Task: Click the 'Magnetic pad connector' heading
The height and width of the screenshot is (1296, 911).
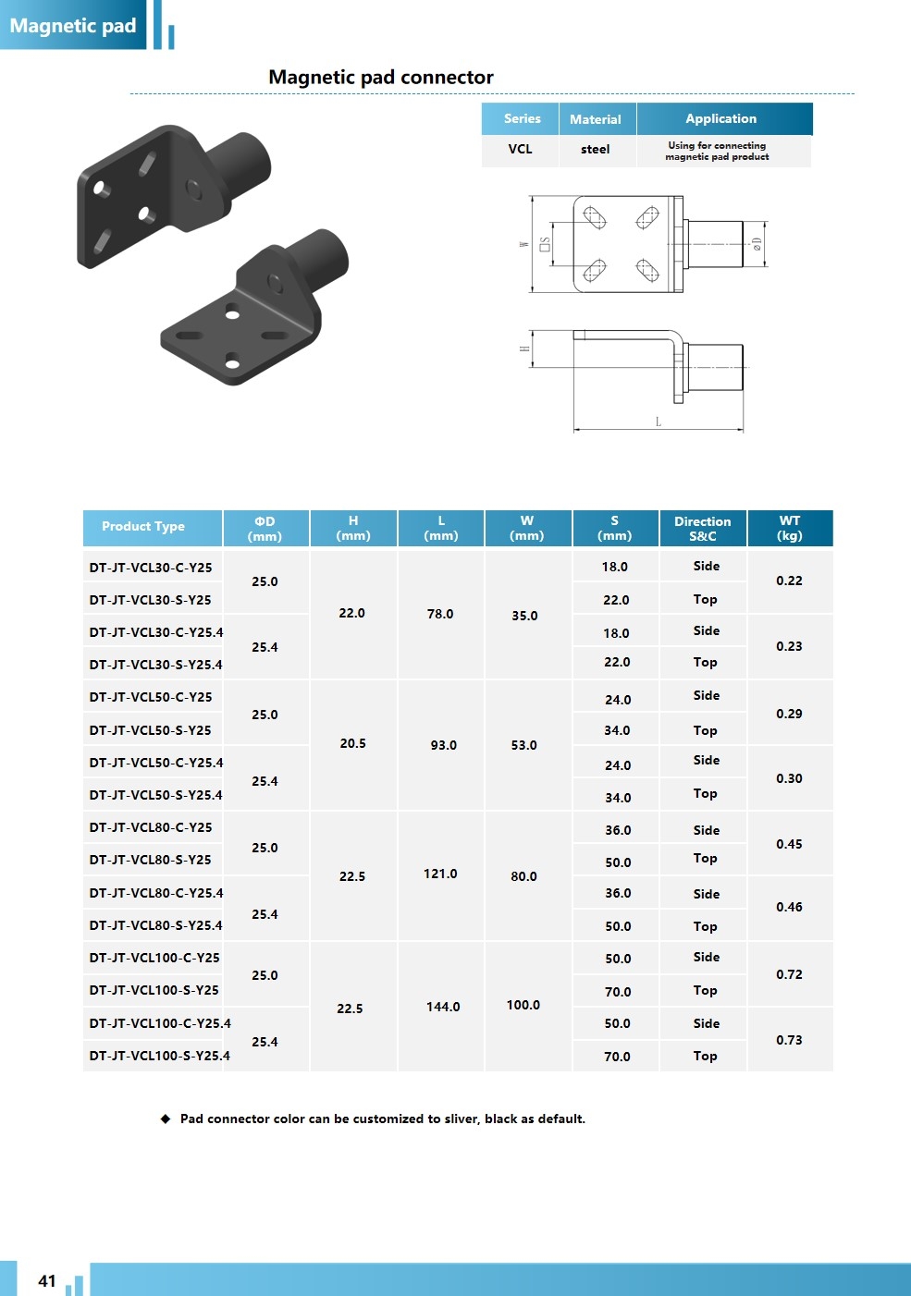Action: (x=381, y=77)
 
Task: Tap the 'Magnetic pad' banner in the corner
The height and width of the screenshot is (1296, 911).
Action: (x=73, y=26)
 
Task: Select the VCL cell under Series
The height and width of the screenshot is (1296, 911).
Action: (x=520, y=149)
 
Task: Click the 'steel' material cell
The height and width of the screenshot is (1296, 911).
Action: (x=595, y=149)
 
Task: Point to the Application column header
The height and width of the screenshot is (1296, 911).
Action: (x=720, y=118)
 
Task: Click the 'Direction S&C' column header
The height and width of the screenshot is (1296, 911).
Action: (x=703, y=528)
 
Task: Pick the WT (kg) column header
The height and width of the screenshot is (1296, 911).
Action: (x=790, y=528)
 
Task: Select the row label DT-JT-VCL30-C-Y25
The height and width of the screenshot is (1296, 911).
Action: (x=151, y=568)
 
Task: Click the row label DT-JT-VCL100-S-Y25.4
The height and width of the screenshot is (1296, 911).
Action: (x=160, y=1056)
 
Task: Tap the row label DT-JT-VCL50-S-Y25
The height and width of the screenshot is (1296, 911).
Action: (x=151, y=730)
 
